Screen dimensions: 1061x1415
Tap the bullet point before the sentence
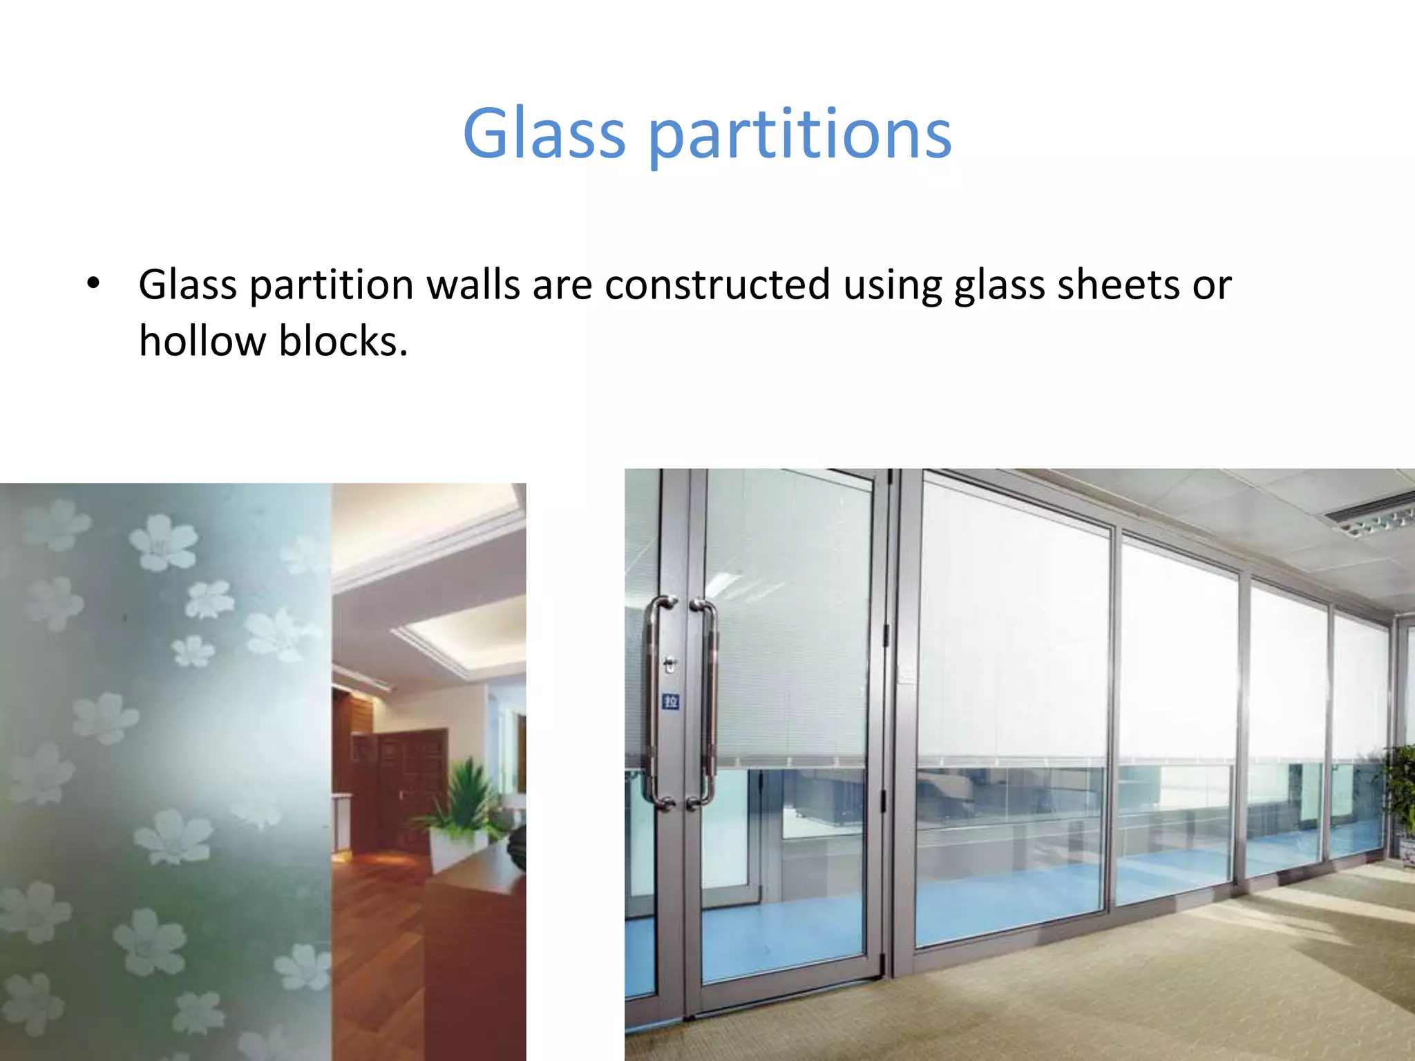(93, 284)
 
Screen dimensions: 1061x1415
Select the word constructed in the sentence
(717, 285)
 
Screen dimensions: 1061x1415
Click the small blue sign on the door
(670, 702)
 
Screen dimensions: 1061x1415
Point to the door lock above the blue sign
(669, 665)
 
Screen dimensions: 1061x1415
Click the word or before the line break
(1211, 285)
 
